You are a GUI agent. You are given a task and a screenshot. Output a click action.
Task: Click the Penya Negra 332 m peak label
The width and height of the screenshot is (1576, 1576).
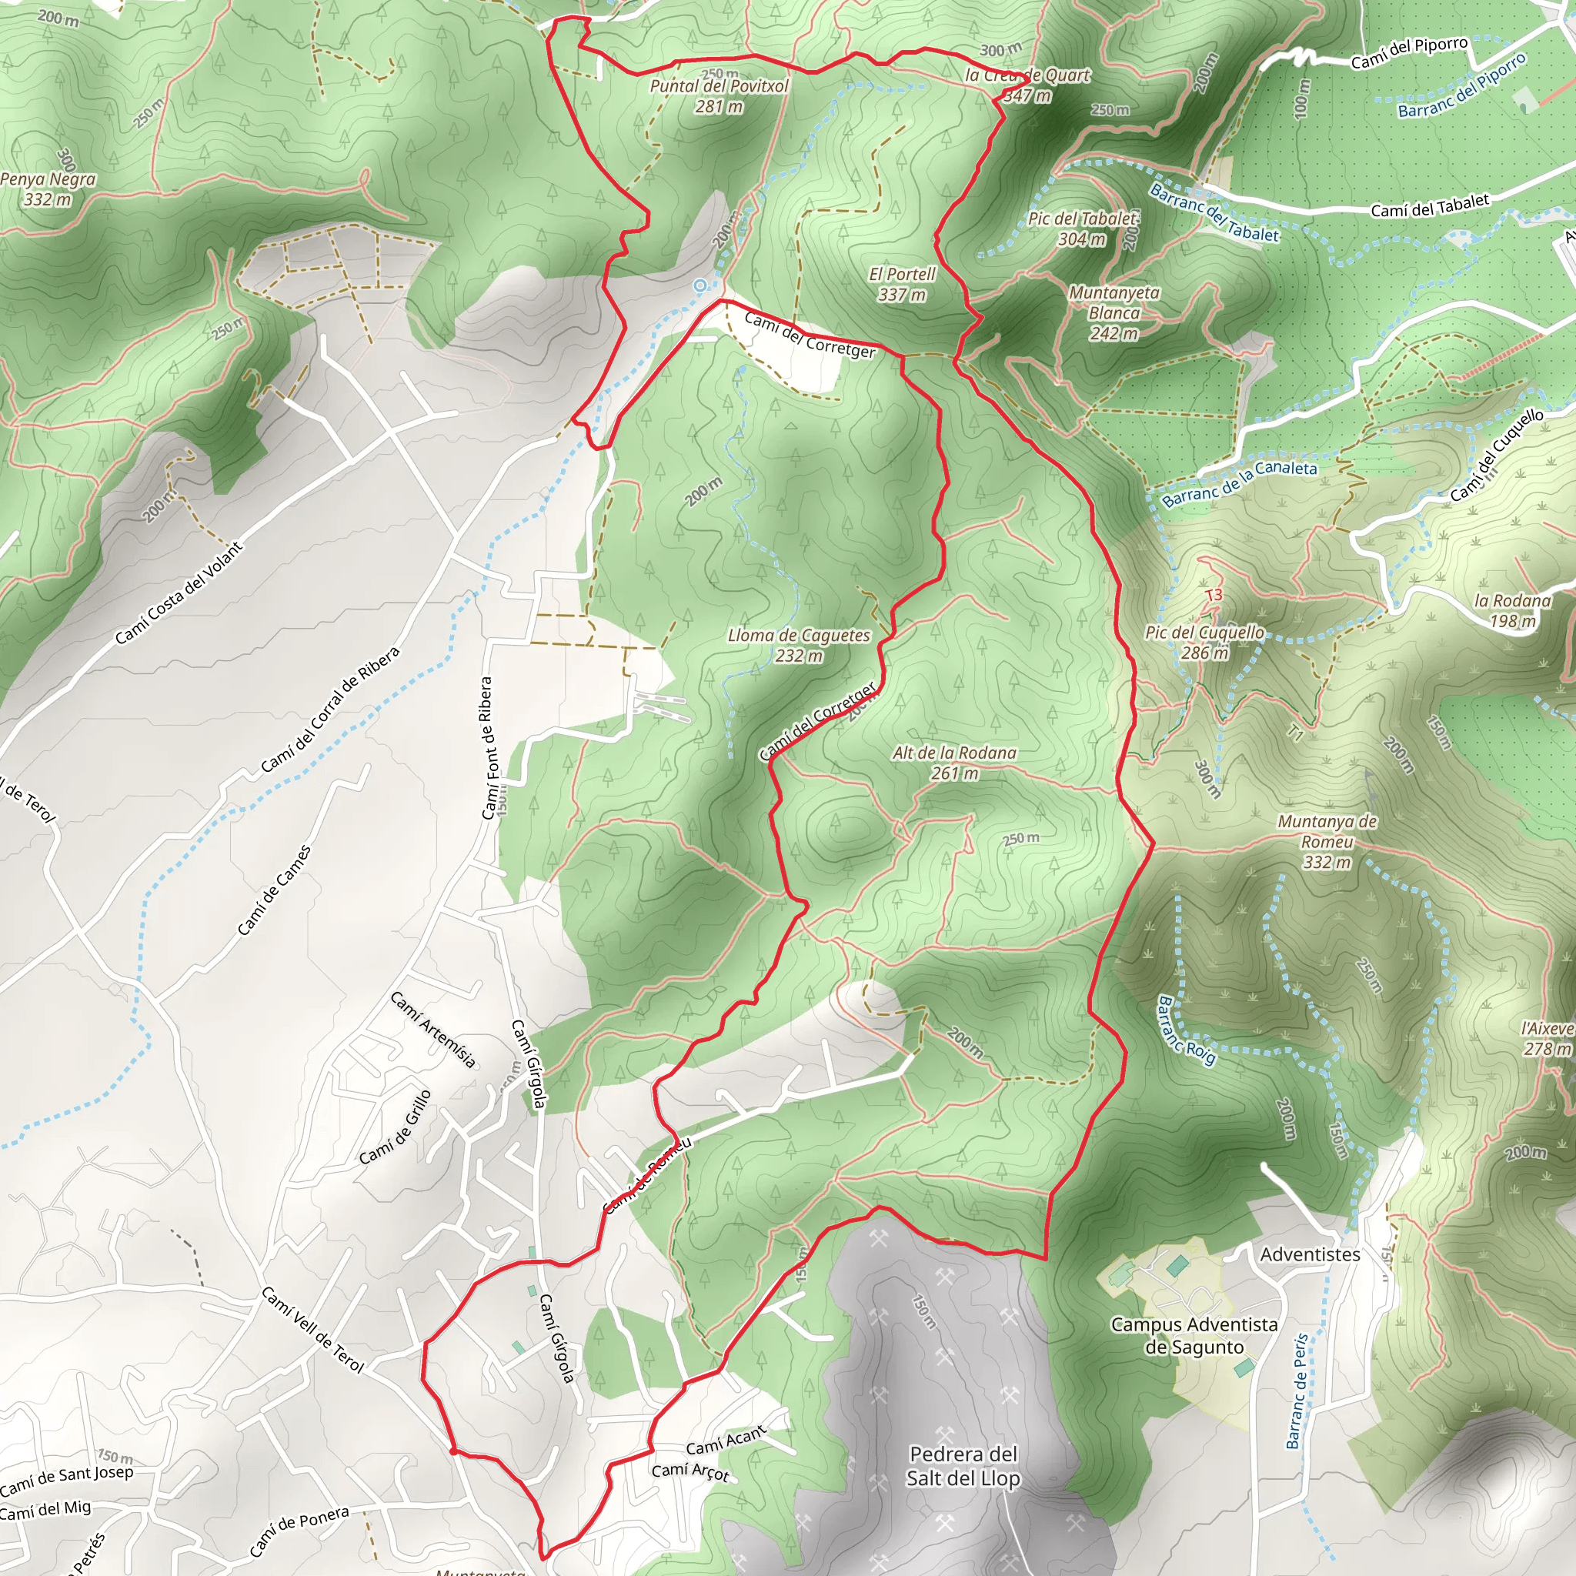48,189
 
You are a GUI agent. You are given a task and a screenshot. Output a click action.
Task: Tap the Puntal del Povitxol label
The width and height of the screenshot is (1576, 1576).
719,95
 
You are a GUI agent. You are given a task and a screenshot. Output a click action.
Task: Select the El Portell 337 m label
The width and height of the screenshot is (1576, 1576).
901,284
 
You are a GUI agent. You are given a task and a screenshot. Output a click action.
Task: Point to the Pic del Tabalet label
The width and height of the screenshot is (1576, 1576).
1082,229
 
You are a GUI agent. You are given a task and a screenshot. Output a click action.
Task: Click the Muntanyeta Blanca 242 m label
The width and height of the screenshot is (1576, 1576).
1114,312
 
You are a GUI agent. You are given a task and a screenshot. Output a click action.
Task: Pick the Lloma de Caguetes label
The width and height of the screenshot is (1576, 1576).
799,644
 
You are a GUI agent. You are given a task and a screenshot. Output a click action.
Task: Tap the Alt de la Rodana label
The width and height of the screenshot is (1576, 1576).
954,762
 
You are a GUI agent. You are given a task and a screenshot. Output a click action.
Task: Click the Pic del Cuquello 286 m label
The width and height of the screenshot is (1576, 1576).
1204,642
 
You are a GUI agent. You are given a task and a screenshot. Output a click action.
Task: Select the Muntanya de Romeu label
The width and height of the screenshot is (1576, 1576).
1327,841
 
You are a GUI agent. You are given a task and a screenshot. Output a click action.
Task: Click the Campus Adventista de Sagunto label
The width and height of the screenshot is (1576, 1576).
1194,1335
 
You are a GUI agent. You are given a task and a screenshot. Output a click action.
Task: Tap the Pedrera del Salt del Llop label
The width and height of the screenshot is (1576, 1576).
963,1466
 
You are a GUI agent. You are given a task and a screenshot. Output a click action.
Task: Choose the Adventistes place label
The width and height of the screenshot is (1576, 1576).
1310,1254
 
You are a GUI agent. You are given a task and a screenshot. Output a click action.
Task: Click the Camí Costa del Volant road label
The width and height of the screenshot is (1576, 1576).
179,593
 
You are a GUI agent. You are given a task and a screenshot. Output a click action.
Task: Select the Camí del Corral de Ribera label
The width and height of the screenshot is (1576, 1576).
330,710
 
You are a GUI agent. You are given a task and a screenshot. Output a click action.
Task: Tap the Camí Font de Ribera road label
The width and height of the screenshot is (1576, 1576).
487,748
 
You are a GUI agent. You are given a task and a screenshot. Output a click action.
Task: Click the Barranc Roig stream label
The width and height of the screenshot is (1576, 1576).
1187,1030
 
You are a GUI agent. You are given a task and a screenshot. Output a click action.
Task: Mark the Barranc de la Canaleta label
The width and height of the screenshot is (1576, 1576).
1239,483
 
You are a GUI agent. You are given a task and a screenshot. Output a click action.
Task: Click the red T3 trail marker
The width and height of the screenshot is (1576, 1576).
1214,595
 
